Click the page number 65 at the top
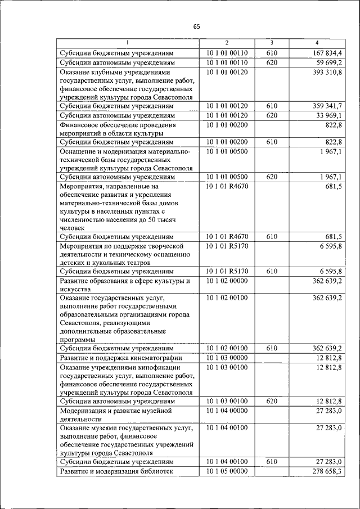[x=196, y=26]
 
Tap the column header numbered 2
[x=227, y=43]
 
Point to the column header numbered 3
[x=272, y=43]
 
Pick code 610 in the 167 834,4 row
[x=272, y=53]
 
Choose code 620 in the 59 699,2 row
[x=272, y=62]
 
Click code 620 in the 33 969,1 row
[x=272, y=115]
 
